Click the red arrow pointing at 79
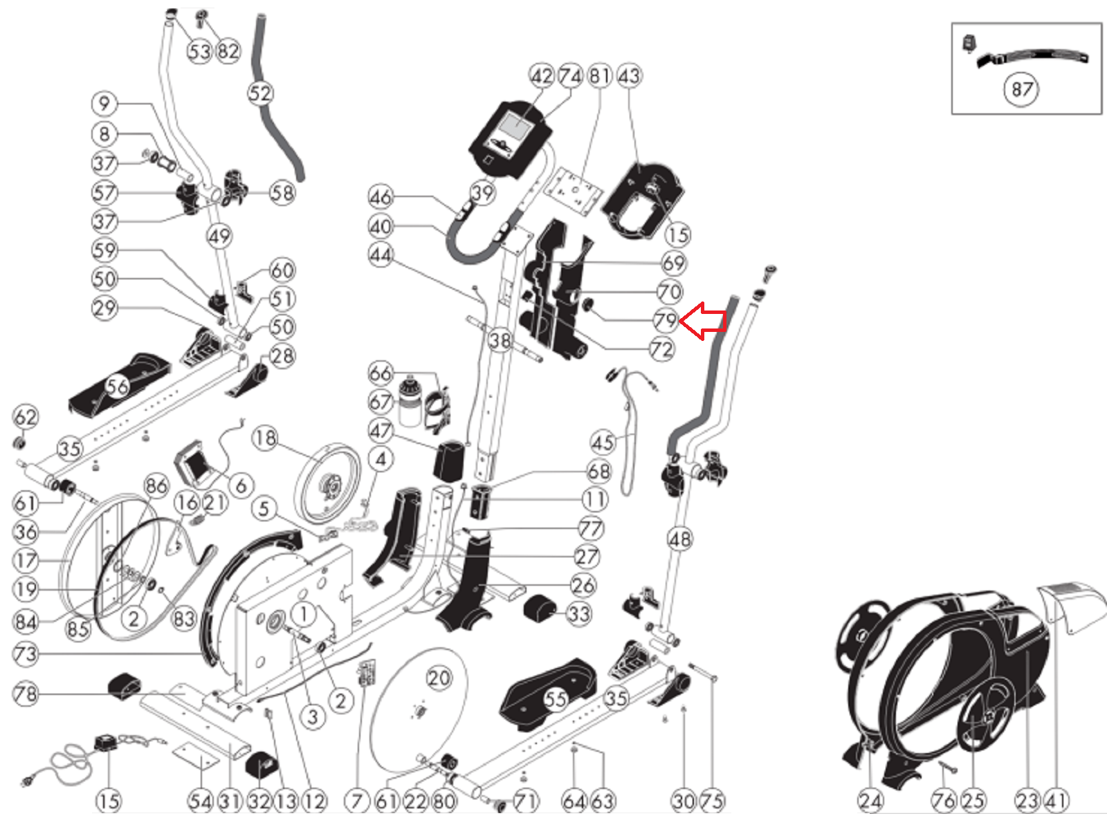click(x=703, y=321)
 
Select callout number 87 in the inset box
click(x=1021, y=89)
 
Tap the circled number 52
click(x=260, y=93)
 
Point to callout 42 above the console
click(x=542, y=76)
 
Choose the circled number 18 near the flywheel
click(x=266, y=438)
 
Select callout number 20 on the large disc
click(x=439, y=678)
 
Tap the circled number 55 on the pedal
click(x=555, y=699)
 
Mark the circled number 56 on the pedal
click(x=118, y=387)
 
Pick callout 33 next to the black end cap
click(x=579, y=614)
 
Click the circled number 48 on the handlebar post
click(x=680, y=539)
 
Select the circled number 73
click(x=26, y=654)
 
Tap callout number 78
click(x=26, y=694)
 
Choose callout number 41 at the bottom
click(x=1056, y=800)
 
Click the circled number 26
click(x=583, y=585)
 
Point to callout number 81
click(x=600, y=76)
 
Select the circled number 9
click(x=104, y=104)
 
